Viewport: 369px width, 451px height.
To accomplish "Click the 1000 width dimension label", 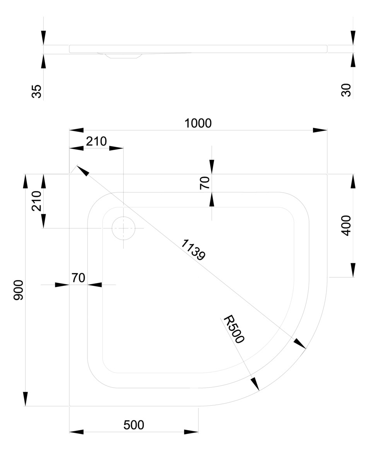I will [198, 123].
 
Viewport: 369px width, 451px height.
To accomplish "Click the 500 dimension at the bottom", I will [134, 425].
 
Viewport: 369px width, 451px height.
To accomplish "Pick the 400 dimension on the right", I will [346, 226].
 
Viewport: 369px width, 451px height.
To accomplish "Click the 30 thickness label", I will [346, 90].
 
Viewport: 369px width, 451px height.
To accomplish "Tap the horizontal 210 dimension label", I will [96, 142].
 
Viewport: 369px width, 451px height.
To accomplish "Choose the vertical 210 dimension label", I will [37, 201].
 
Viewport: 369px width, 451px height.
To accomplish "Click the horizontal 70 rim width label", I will [78, 278].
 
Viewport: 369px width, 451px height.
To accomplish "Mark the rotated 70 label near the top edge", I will [205, 182].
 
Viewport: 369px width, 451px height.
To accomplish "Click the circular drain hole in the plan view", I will [123, 228].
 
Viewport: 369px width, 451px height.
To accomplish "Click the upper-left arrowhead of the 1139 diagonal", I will [82, 170].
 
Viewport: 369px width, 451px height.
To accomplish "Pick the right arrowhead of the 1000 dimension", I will [320, 130].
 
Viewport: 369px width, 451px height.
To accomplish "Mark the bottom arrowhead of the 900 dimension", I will [26, 399].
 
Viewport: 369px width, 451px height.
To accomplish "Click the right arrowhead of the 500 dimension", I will [191, 432].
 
